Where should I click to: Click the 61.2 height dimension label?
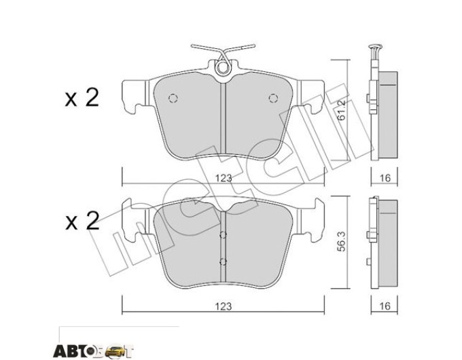point(341,110)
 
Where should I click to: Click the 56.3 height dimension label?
point(341,241)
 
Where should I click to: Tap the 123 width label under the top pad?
point(224,178)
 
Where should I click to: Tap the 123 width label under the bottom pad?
point(224,306)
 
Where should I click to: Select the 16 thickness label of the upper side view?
point(385,178)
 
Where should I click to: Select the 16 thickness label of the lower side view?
point(385,306)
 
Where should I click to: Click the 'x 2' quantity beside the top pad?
point(82,98)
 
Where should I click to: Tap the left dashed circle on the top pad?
point(173,98)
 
